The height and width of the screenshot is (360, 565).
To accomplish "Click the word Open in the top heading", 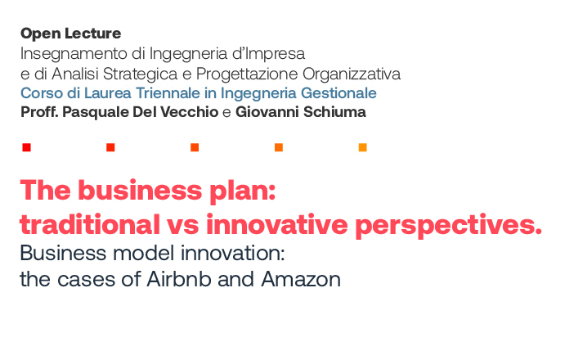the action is click(41, 34).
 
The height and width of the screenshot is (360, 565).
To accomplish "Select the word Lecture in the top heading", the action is click(93, 34).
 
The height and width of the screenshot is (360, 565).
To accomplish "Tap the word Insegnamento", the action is click(74, 54).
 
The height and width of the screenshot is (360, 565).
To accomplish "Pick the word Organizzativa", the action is click(352, 74).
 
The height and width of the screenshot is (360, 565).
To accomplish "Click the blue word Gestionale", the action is click(339, 93).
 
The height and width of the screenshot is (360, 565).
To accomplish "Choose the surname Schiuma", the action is click(334, 112).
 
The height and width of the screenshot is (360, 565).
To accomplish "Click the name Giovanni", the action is click(267, 112).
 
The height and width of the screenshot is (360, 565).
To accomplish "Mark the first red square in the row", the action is click(26, 147).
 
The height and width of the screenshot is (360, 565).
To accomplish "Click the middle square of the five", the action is click(195, 147).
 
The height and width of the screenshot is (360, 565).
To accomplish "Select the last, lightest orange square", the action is click(362, 147).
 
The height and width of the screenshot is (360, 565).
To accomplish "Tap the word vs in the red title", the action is click(182, 225).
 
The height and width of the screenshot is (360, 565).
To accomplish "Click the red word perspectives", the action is click(448, 226).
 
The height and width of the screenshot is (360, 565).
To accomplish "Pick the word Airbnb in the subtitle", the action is click(178, 279).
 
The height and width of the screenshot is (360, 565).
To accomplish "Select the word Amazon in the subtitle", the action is click(301, 279).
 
